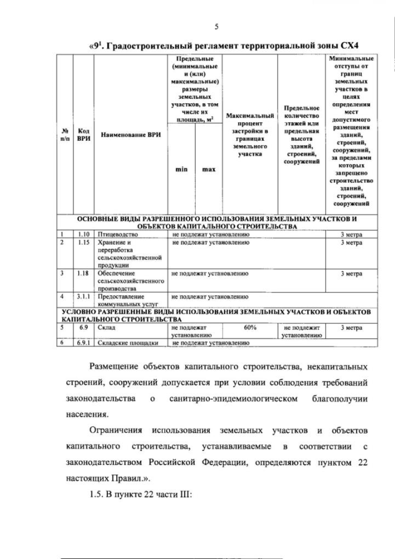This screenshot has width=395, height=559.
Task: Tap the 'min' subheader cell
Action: pyautogui.click(x=180, y=169)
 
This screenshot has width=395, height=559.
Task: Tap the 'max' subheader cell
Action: pyautogui.click(x=208, y=169)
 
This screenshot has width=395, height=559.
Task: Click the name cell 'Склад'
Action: pyautogui.click(x=106, y=327)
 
